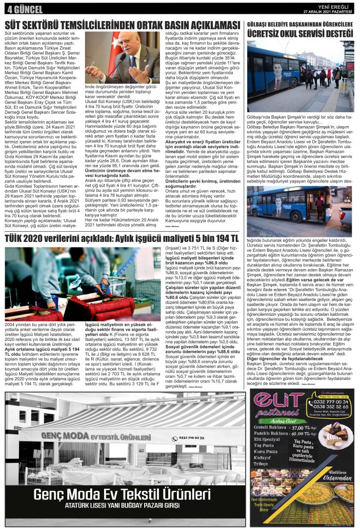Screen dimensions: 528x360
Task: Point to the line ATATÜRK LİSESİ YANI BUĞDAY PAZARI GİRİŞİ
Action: click(128, 510)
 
